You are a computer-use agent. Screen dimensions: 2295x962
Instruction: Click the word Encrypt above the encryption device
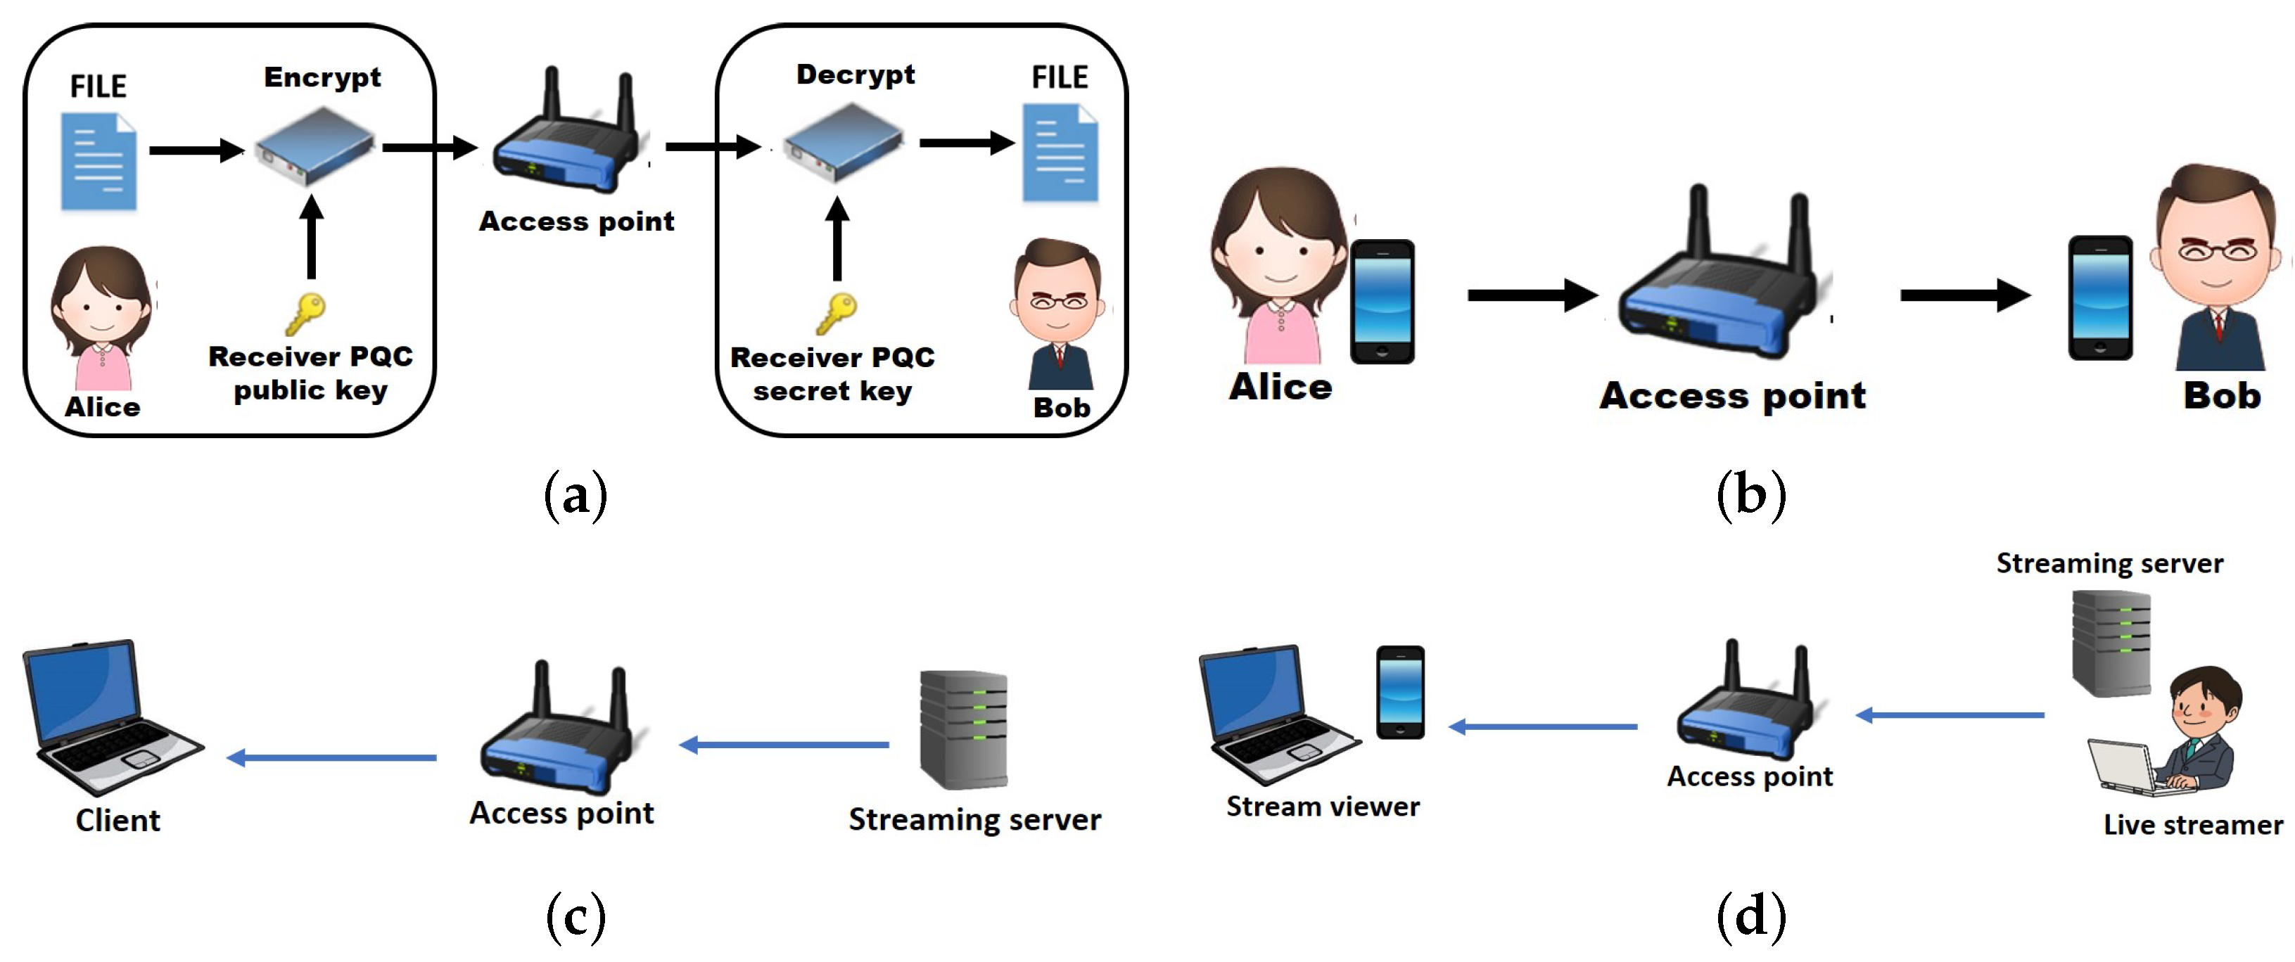point(322,78)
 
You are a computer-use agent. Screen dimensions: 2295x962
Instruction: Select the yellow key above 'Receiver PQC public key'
point(305,314)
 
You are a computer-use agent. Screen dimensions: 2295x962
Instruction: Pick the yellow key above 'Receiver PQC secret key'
point(836,314)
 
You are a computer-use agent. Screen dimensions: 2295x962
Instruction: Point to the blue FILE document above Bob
point(1060,153)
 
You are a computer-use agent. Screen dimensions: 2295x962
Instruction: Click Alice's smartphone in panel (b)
point(1382,301)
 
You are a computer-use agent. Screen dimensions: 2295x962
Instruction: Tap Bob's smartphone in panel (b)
point(2100,297)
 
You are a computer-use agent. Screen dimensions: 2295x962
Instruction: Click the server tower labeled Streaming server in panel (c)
point(963,729)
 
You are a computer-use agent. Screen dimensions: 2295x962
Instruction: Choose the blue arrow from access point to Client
point(331,758)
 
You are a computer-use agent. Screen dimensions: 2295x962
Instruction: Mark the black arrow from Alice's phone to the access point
point(1532,295)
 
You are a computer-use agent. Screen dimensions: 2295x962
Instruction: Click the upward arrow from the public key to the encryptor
point(311,237)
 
